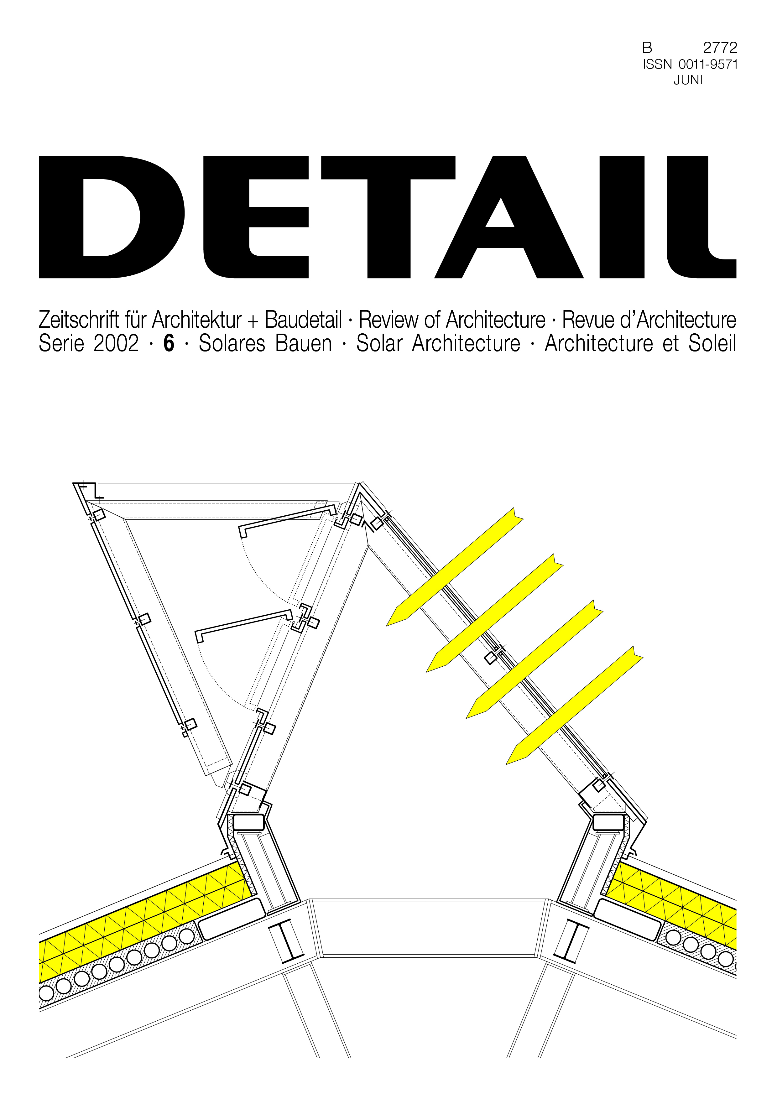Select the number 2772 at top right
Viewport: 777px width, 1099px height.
(x=720, y=48)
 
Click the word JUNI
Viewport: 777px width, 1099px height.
(x=688, y=81)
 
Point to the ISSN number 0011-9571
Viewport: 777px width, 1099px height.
(x=708, y=65)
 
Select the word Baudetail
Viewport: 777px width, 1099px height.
(x=304, y=320)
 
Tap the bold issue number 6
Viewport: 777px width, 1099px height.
(x=169, y=344)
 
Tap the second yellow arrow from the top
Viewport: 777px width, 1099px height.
(x=494, y=613)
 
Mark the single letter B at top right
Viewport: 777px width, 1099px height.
(x=647, y=48)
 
